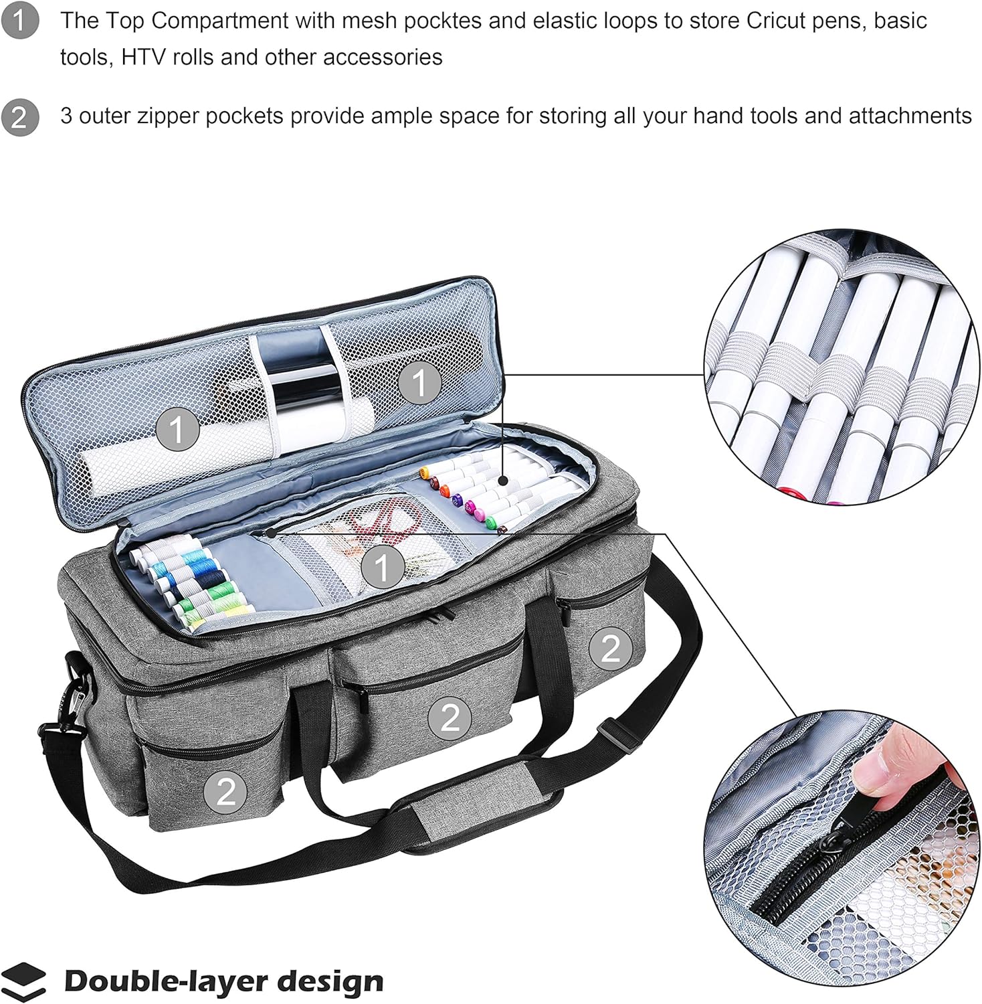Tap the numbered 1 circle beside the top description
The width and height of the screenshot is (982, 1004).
coord(20,21)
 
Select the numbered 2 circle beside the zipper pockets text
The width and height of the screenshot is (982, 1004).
coord(20,116)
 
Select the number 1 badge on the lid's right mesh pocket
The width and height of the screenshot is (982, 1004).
coord(419,384)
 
